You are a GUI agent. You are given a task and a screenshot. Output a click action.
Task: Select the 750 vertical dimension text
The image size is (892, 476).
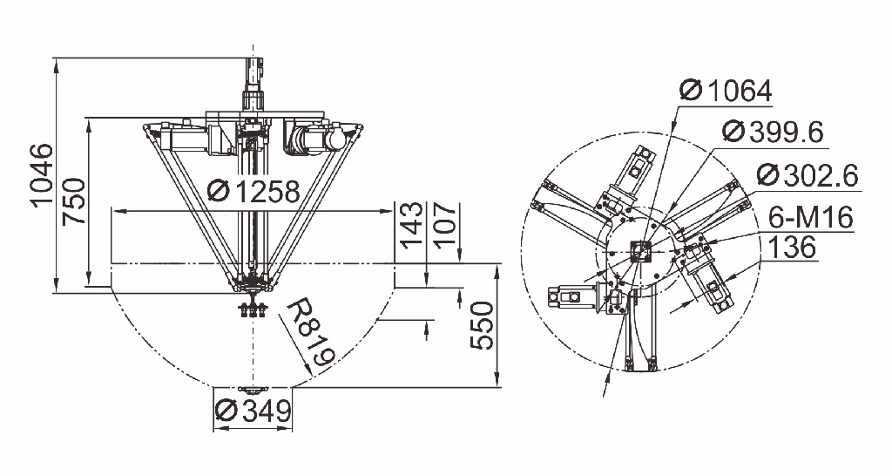[75, 201]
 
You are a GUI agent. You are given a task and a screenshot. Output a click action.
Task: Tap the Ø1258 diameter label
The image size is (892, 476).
[253, 191]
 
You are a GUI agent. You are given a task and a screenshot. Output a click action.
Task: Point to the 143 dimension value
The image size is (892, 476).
[412, 225]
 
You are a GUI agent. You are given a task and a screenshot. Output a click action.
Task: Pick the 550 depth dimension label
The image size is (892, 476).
[482, 325]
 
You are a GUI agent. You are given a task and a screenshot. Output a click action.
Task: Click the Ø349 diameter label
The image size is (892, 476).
[253, 410]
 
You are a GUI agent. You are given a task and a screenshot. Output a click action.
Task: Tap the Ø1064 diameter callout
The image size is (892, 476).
[726, 91]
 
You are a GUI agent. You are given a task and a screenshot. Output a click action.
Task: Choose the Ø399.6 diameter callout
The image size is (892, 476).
[773, 133]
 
